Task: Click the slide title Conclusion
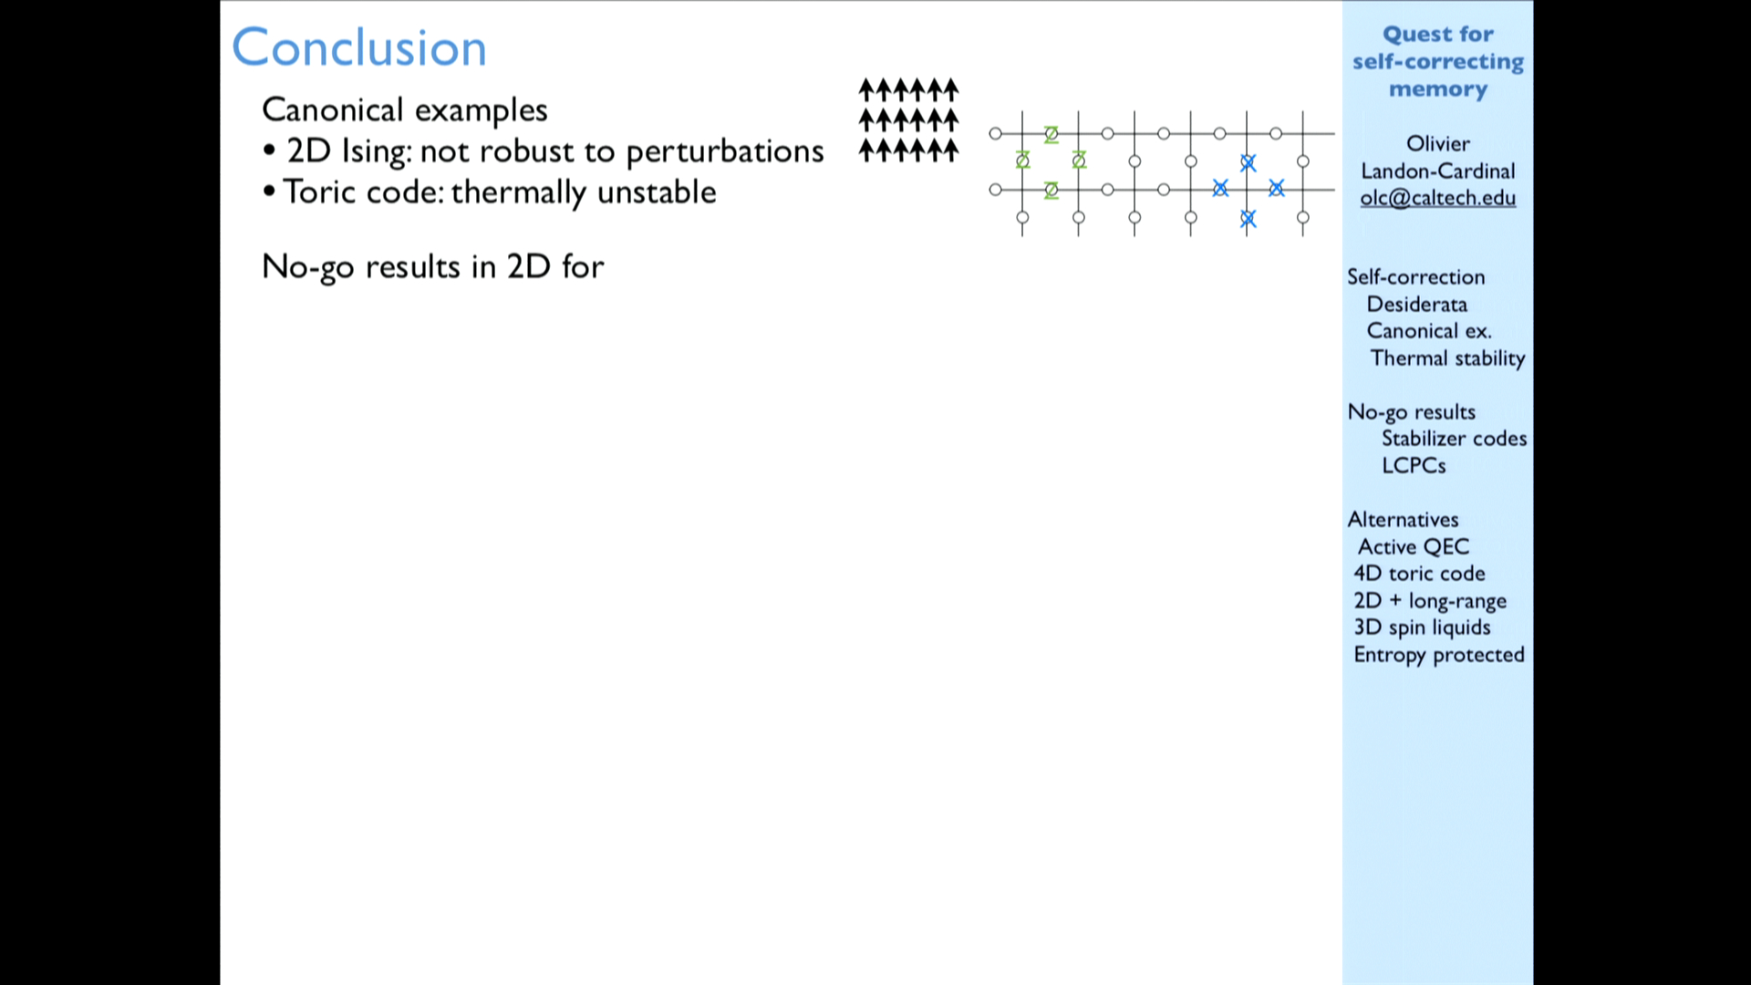[359, 47]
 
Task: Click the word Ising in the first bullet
[377, 151]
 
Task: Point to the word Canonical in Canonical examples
[333, 109]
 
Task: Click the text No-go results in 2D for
[433, 267]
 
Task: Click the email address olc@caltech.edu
[1438, 198]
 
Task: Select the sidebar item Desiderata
[1417, 305]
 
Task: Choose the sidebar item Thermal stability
[1447, 358]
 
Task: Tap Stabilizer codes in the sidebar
[1455, 439]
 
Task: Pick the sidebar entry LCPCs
[1414, 466]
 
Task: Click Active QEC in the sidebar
[1414, 547]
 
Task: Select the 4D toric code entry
[1420, 574]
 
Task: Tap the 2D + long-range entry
[1430, 601]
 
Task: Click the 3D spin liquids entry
[1423, 627]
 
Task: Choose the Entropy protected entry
[1439, 655]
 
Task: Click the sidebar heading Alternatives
[1404, 520]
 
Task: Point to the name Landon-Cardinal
[1438, 171]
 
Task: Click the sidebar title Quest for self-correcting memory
[1438, 62]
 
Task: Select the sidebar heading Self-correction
[1416, 277]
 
